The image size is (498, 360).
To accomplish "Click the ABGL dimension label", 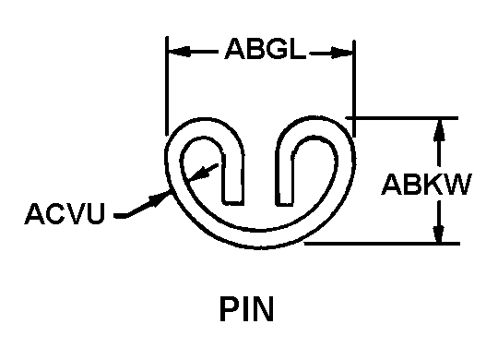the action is coord(266,49).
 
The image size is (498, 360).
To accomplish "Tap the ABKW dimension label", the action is coord(427,184).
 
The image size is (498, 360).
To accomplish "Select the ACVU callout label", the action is coord(65,213).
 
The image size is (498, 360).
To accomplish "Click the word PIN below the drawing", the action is coord(246,309).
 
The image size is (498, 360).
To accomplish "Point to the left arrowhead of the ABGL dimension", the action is coord(180,52).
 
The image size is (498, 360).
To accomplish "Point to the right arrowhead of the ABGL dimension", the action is coord(342,53).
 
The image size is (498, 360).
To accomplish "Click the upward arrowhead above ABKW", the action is coord(439,129).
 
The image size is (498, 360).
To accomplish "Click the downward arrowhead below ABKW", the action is coord(439,232).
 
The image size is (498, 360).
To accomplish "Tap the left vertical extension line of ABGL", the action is coord(167,86).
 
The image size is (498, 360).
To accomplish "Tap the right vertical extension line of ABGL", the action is coord(354,89).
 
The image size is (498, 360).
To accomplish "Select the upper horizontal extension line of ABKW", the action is coord(402,118).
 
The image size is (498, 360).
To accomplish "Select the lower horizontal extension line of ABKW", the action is coord(382,244).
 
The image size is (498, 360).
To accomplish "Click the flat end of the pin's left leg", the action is coord(234,202).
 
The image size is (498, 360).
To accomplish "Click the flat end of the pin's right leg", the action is coord(284,204).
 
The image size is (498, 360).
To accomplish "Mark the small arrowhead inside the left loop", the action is coord(198,174).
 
